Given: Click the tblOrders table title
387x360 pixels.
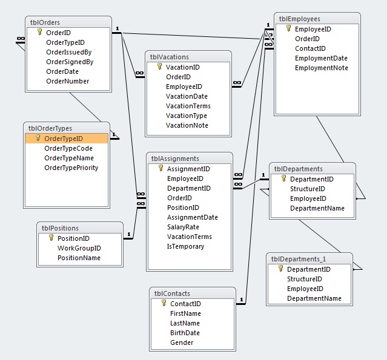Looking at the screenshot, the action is pyautogui.click(x=45, y=22).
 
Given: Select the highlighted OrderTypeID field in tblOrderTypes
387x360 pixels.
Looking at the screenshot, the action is pyautogui.click(x=64, y=139).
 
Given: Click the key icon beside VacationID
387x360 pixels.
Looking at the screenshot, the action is pyautogui.click(x=160, y=67).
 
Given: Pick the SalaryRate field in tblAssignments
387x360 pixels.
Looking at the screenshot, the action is pyautogui.click(x=183, y=227).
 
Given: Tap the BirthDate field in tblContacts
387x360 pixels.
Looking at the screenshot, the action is pyautogui.click(x=185, y=333).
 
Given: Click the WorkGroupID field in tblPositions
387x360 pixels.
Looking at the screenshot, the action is pyautogui.click(x=79, y=248).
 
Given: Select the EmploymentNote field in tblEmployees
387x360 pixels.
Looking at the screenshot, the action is pyautogui.click(x=322, y=68).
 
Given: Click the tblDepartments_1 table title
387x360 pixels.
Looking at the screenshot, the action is pyautogui.click(x=299, y=259).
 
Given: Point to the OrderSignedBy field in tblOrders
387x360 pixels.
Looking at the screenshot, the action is pyautogui.click(x=70, y=62).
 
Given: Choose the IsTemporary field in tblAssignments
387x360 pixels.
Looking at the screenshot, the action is pyautogui.click(x=185, y=246).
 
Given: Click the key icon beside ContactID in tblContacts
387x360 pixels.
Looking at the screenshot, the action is pyautogui.click(x=164, y=303).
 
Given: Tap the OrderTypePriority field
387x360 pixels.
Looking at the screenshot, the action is pyautogui.click(x=71, y=168).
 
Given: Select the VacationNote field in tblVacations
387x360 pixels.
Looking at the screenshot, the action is pyautogui.click(x=187, y=125).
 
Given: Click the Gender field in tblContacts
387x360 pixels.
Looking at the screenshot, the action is pyautogui.click(x=182, y=342).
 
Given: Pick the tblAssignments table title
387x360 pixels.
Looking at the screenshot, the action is pyautogui.click(x=175, y=159).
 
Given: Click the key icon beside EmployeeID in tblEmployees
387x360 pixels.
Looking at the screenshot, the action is pyautogui.click(x=288, y=28).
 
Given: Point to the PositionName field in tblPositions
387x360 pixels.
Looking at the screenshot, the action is pyautogui.click(x=79, y=258).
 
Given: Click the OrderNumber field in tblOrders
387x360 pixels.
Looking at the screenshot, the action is pyautogui.click(x=67, y=81).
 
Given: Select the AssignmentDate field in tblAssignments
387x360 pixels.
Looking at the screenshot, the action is pyautogui.click(x=192, y=217).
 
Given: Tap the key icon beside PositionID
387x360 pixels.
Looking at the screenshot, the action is pyautogui.click(x=51, y=237).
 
